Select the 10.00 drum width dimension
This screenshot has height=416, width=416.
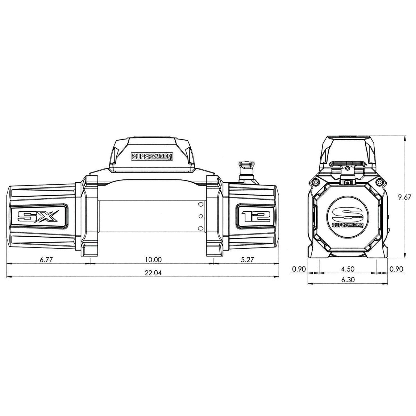(153, 259)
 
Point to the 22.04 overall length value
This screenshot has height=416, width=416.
(153, 273)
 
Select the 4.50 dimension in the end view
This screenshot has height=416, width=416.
(347, 269)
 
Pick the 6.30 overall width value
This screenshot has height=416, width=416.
(347, 279)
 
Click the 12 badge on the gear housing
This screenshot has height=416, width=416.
(256, 216)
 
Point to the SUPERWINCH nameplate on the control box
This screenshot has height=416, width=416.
(152, 157)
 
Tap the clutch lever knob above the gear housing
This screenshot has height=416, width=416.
(246, 165)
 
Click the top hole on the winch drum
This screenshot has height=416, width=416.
(200, 204)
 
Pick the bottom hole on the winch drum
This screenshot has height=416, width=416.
(200, 228)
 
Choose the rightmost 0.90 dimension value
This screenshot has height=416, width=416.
(396, 269)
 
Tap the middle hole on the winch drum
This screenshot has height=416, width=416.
(200, 216)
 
